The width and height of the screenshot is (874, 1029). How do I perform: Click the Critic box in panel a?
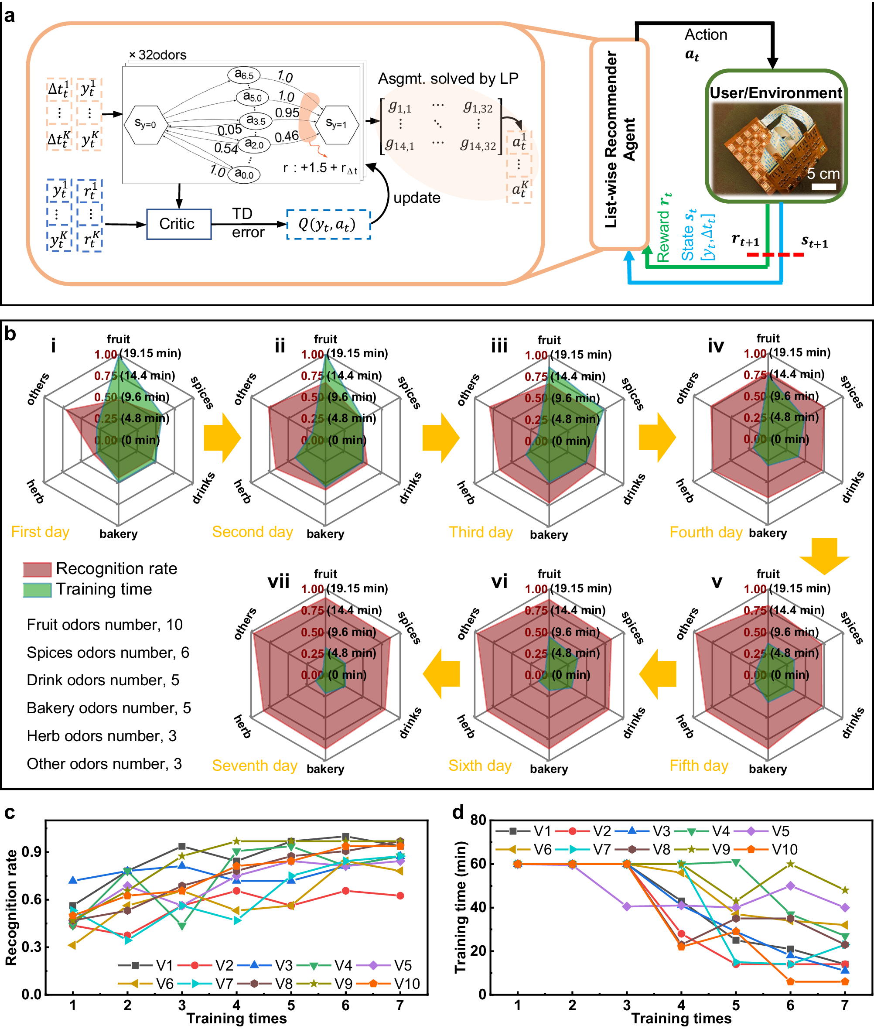click(178, 224)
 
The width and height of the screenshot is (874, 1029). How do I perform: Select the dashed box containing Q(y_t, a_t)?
click(328, 225)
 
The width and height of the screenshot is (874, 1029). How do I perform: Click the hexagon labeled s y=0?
click(145, 124)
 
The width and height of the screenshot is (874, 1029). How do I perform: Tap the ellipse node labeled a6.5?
click(244, 75)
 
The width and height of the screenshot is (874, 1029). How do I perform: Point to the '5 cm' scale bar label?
click(823, 174)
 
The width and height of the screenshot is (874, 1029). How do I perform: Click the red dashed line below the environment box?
click(775, 255)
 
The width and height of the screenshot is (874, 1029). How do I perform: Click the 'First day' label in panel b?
click(40, 532)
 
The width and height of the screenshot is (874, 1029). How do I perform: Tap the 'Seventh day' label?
click(254, 766)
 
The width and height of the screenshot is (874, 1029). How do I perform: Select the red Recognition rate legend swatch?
click(37, 569)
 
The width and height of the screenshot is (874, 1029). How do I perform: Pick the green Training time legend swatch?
click(37, 590)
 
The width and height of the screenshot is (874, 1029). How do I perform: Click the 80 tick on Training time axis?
click(478, 820)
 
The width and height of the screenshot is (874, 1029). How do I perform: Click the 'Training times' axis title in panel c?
click(236, 1018)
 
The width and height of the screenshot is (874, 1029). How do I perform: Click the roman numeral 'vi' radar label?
click(499, 581)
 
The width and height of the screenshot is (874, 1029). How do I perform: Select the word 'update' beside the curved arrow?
click(417, 198)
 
